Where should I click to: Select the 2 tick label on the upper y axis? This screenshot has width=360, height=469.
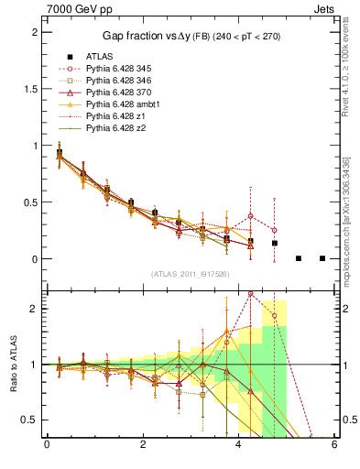pos(32,32)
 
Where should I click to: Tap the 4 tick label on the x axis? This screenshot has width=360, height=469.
pos(238,445)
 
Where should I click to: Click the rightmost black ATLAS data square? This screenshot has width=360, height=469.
pos(322,258)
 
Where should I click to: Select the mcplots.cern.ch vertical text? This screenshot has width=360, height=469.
pos(354,202)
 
